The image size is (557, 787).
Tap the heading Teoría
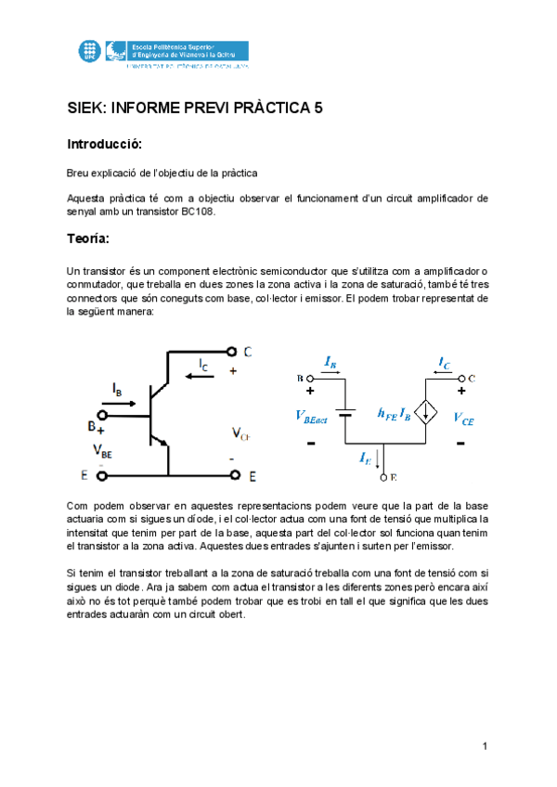[x=88, y=239]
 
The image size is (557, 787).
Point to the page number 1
[x=485, y=746]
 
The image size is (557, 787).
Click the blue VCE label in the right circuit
[x=463, y=419]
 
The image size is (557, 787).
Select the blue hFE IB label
[x=394, y=415]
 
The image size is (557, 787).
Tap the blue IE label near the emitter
[x=367, y=457]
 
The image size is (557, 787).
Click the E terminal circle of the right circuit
[x=383, y=477]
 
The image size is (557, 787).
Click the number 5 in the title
[x=317, y=108]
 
